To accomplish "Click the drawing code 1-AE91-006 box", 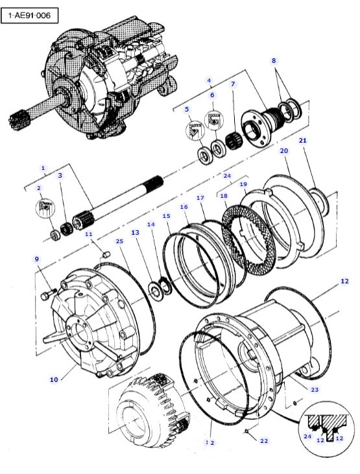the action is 29,15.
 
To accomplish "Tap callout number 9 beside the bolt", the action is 37,259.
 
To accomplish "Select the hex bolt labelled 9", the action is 49,294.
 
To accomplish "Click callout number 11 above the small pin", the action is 89,234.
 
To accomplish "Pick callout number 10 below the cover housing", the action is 54,379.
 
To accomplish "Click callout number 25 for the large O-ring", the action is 120,241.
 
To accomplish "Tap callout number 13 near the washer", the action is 135,233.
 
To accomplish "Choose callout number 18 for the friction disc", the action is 224,196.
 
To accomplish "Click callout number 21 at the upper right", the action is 302,141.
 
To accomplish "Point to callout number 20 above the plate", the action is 284,150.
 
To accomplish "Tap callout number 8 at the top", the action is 274,60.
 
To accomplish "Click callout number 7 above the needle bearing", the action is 233,84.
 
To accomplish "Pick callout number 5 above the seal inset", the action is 187,109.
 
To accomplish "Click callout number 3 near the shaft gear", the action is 60,175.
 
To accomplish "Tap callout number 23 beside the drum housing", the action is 315,390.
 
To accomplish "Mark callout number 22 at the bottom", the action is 264,441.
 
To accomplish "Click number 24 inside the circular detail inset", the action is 307,436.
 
